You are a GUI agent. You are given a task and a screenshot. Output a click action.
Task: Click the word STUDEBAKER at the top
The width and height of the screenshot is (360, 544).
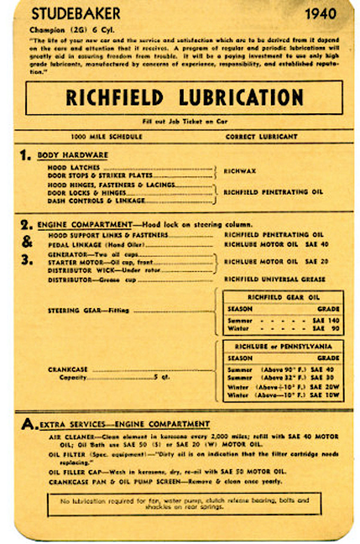76,14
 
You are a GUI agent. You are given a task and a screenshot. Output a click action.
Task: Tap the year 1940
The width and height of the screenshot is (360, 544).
321,14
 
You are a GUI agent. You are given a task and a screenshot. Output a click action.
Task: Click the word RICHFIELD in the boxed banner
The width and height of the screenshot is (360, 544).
114,97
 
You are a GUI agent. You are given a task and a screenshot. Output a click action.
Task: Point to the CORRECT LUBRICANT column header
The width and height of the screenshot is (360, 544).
261,136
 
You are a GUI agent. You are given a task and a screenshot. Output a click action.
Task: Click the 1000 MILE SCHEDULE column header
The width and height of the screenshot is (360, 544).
106,136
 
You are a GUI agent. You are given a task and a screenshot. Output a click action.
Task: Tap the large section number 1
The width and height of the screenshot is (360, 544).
25,155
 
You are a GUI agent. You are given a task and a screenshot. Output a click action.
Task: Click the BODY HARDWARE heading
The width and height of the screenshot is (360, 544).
72,155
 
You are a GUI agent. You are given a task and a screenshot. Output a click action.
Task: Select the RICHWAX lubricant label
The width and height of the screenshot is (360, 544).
240,171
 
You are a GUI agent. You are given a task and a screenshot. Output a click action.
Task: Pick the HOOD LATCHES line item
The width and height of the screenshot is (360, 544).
74,168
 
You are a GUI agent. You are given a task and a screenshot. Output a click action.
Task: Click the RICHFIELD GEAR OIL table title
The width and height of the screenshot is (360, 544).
283,297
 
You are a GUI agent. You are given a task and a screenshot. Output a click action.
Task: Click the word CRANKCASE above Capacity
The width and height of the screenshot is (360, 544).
68,369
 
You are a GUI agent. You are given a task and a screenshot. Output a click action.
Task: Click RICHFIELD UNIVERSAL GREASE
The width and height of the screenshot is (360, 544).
274,279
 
